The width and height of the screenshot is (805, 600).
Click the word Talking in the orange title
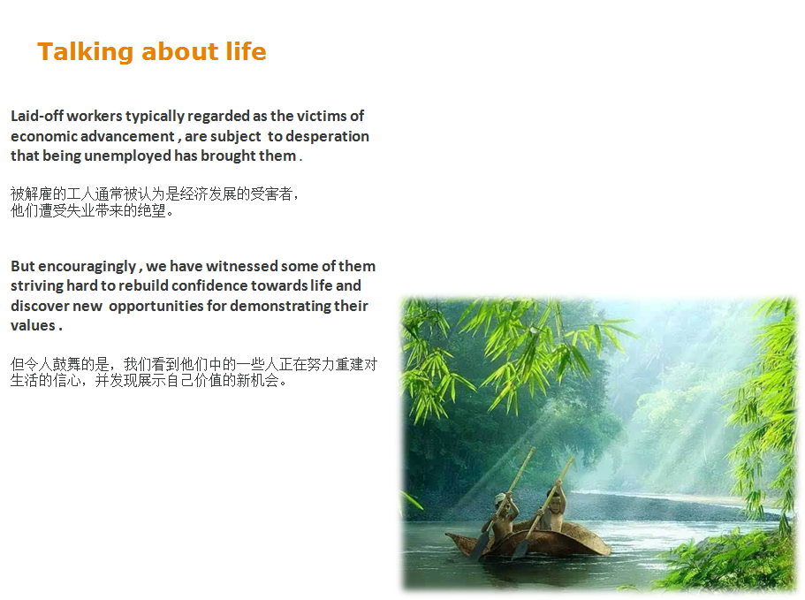tap(86, 52)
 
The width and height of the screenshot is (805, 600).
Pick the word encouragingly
tap(87, 267)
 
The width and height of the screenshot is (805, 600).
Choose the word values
tap(33, 325)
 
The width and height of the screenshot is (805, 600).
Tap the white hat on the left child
tap(500, 498)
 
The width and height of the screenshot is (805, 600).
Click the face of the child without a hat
tap(554, 497)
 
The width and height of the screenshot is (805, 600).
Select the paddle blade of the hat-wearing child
tap(480, 544)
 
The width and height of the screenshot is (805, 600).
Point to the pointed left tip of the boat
tap(446, 535)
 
